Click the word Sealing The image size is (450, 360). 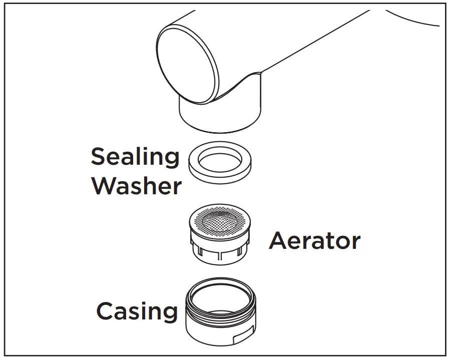pyautogui.click(x=135, y=158)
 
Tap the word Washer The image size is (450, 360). pyautogui.click(x=136, y=186)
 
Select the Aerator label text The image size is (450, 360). pyautogui.click(x=314, y=241)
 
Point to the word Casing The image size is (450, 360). pyautogui.click(x=137, y=311)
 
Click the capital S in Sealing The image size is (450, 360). pyautogui.click(x=99, y=157)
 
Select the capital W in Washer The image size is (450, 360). pyautogui.click(x=104, y=186)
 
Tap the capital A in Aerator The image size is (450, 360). pyautogui.click(x=279, y=241)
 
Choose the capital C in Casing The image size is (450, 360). pyautogui.click(x=106, y=311)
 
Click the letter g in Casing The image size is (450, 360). pyautogui.click(x=169, y=314)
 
